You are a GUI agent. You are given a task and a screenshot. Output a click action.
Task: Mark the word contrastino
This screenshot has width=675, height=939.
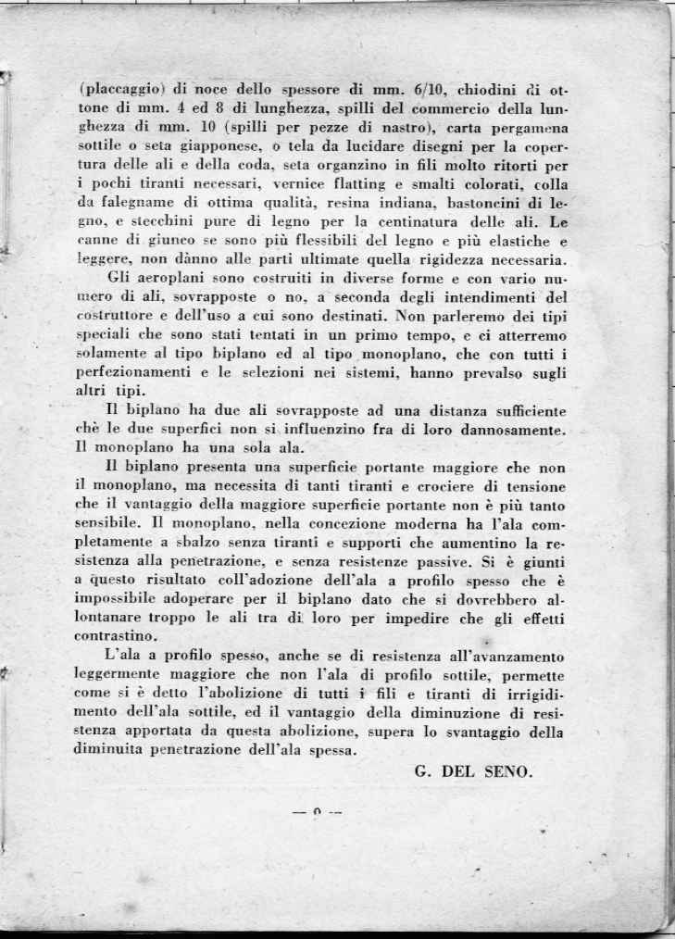(x=116, y=636)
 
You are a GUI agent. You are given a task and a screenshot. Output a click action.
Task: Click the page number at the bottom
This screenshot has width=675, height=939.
(x=317, y=813)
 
